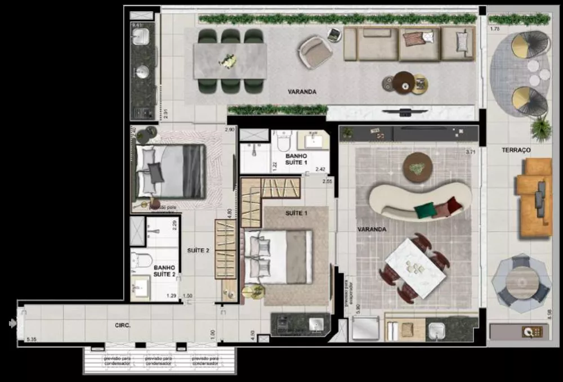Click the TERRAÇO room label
516,151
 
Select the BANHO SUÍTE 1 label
297,159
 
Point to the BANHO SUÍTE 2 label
164,271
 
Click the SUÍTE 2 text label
198,250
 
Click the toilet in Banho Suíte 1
283,143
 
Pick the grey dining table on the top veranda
230,61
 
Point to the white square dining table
415,267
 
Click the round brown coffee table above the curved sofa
418,165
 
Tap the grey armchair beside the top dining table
316,51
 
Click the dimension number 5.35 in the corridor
31,340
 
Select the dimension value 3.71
471,152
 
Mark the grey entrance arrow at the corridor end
12,323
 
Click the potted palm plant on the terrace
541,129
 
